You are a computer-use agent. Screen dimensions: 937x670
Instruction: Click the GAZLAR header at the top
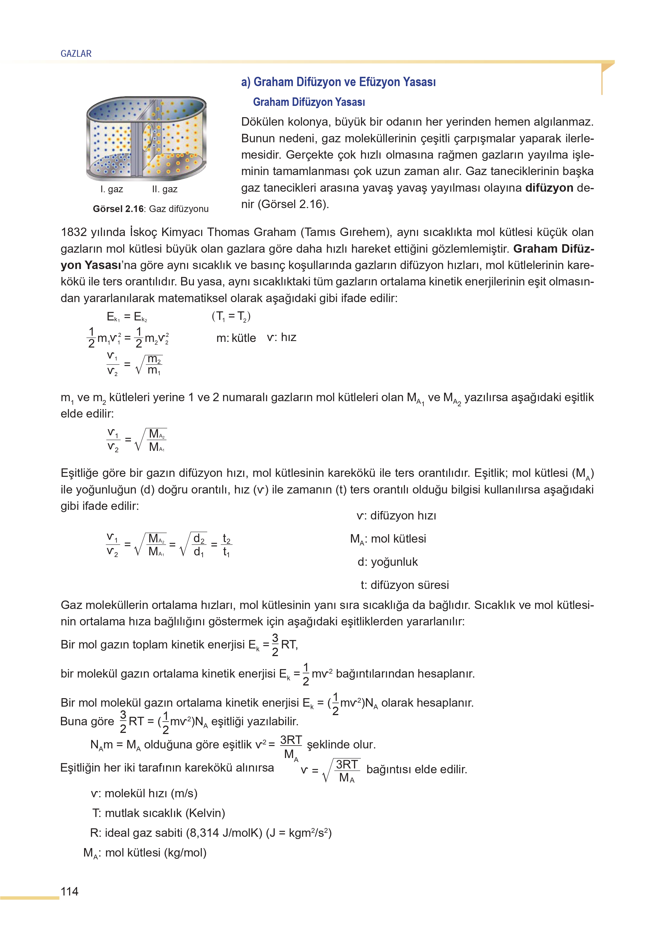[76, 54]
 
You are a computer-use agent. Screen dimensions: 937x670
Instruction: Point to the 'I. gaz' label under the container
[111, 189]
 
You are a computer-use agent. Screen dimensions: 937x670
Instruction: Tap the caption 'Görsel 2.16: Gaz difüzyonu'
[151, 209]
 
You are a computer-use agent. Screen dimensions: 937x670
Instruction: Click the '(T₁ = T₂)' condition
[231, 316]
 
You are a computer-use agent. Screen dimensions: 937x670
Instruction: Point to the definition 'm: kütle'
[236, 338]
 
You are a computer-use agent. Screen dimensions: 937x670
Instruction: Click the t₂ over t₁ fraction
[226, 545]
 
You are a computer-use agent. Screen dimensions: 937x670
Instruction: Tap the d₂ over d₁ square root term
[194, 545]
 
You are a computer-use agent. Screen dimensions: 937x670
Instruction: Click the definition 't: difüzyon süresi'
[404, 585]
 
